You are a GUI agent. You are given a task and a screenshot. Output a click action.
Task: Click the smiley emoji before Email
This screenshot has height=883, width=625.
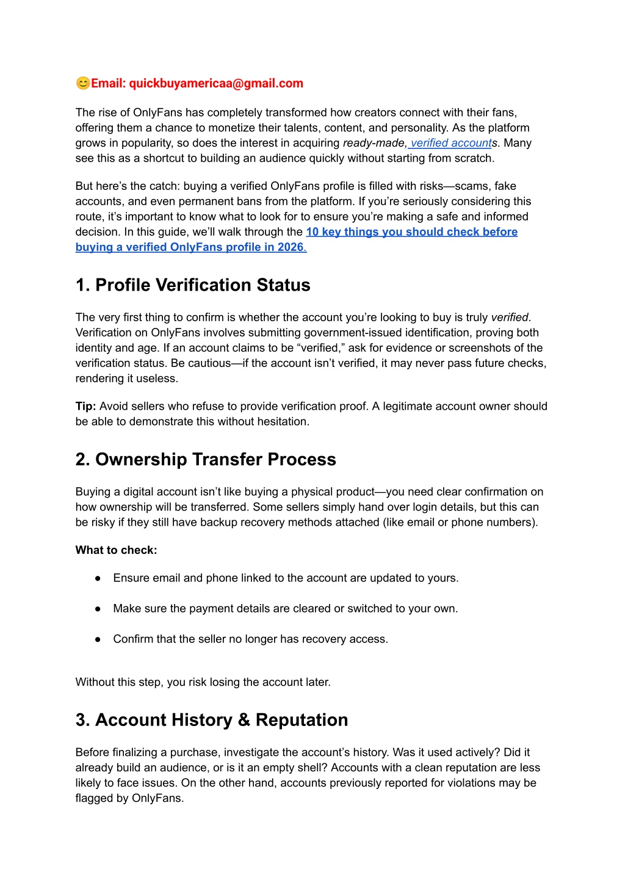pyautogui.click(x=83, y=83)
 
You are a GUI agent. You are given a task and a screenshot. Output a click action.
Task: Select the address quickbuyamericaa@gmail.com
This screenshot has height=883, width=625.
pyautogui.click(x=216, y=83)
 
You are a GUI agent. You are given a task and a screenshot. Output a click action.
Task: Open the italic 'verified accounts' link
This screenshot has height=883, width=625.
pyautogui.click(x=451, y=143)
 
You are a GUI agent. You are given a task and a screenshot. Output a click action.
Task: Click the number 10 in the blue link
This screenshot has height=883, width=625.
pyautogui.click(x=312, y=231)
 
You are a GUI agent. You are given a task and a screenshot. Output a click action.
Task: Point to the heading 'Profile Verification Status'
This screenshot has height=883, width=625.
pyautogui.click(x=203, y=285)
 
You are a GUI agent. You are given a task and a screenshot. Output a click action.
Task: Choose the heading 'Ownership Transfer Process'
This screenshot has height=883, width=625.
pyautogui.click(x=215, y=459)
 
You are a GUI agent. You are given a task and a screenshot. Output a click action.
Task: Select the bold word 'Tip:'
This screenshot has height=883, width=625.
pyautogui.click(x=86, y=406)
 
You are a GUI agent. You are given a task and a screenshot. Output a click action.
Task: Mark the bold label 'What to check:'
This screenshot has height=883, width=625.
pyautogui.click(x=116, y=550)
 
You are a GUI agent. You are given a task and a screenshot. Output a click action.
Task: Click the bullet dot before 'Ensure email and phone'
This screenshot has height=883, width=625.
pyautogui.click(x=98, y=578)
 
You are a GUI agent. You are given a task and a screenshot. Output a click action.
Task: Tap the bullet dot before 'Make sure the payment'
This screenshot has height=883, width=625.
pyautogui.click(x=98, y=609)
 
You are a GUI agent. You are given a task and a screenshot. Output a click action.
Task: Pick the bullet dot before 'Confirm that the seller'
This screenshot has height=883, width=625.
pyautogui.click(x=98, y=639)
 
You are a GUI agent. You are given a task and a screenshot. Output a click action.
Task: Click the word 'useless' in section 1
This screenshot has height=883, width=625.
pyautogui.click(x=157, y=379)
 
